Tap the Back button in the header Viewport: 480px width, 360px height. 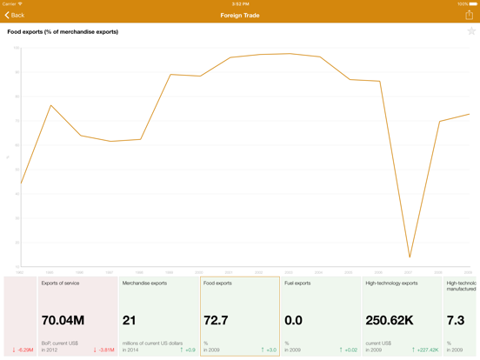(15, 16)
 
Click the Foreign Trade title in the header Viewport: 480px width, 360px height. (239, 16)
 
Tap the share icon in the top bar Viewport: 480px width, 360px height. (469, 15)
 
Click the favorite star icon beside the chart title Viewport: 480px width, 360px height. (471, 31)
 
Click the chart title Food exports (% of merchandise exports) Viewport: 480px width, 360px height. (63, 32)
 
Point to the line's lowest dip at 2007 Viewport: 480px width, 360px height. (410, 257)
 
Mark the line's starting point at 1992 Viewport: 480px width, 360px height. (21, 183)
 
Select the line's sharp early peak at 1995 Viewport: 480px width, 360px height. (51, 106)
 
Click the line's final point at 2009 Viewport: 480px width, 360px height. (470, 115)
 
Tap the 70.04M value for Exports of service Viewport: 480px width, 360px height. (63, 321)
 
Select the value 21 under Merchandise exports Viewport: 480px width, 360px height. (129, 321)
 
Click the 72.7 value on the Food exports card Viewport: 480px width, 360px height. (217, 321)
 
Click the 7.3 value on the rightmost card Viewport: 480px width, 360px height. (456, 321)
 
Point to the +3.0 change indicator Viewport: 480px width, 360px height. (269, 350)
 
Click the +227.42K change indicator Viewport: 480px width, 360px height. (425, 350)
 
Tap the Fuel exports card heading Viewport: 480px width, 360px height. (297, 283)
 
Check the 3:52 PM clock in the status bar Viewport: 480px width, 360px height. (240, 3)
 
